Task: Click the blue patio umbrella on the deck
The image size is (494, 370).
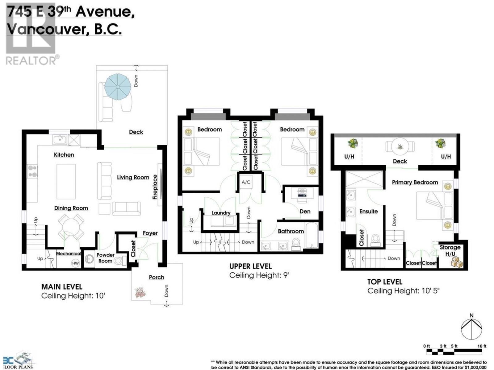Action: (x=118, y=87)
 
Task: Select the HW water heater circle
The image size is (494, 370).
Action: (x=75, y=263)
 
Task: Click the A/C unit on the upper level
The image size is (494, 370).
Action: (x=246, y=182)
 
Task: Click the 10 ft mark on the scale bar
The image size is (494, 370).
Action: (x=482, y=346)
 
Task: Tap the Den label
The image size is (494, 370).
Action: (x=305, y=212)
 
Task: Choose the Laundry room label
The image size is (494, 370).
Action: (x=221, y=213)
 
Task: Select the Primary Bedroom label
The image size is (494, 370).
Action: (x=415, y=183)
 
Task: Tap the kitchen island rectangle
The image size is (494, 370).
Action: (x=66, y=182)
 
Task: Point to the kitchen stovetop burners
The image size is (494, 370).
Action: (x=32, y=171)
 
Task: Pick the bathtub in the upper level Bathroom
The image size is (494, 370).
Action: (x=312, y=235)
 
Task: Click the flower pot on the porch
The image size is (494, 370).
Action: (x=140, y=293)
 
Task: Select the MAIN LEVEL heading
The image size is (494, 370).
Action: (x=62, y=287)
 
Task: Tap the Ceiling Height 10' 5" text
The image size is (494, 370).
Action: (x=404, y=291)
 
